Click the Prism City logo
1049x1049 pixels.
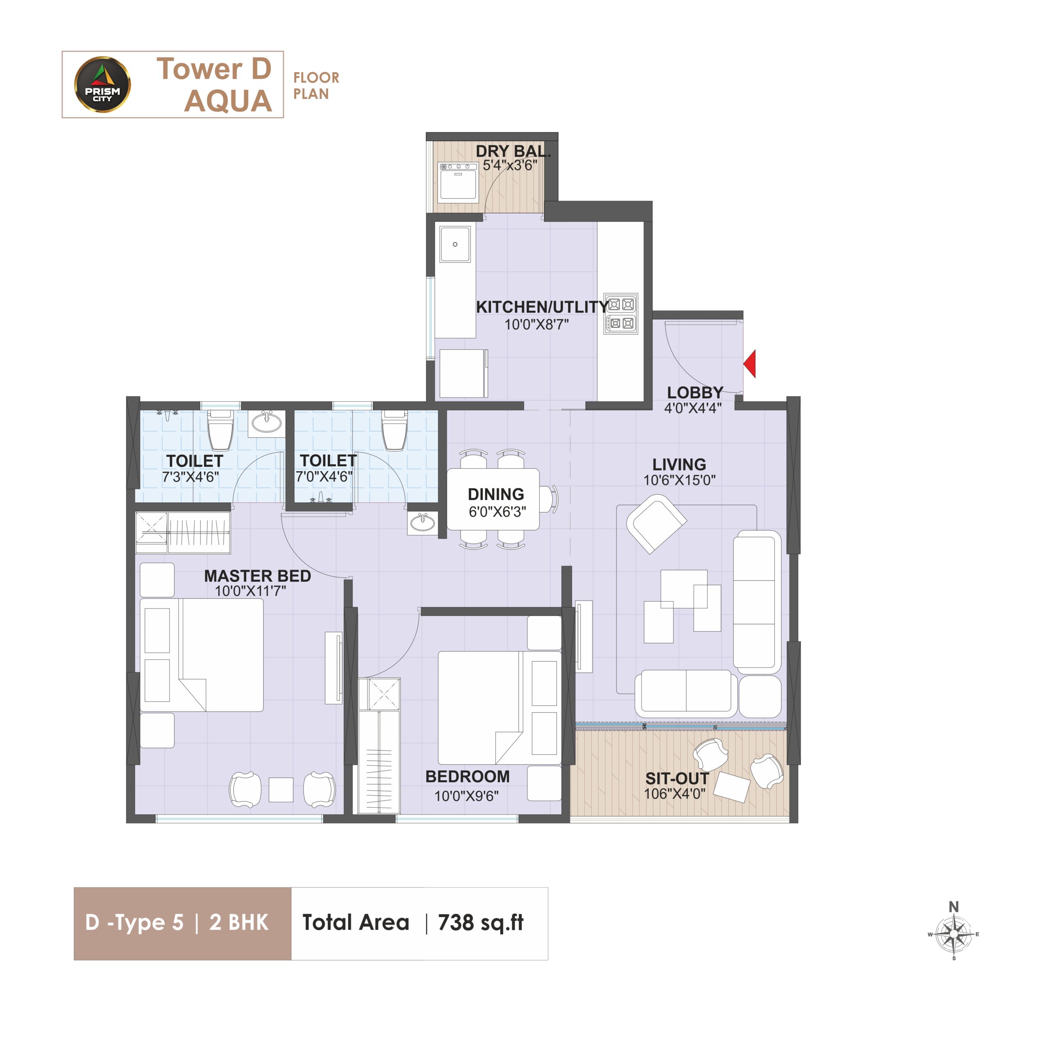102,85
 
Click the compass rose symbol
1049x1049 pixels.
954,934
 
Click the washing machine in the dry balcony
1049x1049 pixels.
458,182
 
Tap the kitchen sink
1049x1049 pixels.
455,244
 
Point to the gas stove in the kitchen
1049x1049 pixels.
621,314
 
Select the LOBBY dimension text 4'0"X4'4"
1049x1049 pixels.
693,408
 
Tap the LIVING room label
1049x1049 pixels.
679,464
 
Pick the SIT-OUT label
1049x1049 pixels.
677,778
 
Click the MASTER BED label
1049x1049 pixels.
257,576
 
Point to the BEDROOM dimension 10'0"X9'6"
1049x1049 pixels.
466,796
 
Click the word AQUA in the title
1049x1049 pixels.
228,101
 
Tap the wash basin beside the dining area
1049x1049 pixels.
422,523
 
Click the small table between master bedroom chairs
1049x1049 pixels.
281,790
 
